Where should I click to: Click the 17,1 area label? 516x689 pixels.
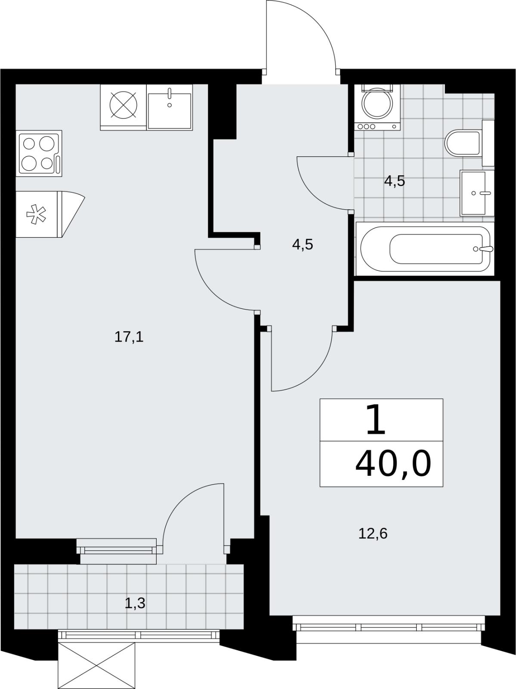tap(129, 338)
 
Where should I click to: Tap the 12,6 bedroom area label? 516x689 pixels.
tap(373, 534)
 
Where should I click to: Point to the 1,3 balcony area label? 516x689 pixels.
tap(135, 603)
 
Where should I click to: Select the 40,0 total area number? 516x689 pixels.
tap(393, 463)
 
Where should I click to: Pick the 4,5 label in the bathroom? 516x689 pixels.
tap(395, 181)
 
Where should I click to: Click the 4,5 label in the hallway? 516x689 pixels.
tap(303, 244)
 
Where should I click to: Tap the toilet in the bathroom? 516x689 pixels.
tap(463, 143)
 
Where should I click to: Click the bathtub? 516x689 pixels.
tap(425, 249)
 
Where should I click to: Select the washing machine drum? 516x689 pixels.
tap(377, 103)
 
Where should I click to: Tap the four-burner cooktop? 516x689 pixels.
tap(39, 153)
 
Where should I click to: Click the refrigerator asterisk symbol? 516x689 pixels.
tap(36, 214)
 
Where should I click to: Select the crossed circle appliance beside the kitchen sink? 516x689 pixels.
tap(123, 105)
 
